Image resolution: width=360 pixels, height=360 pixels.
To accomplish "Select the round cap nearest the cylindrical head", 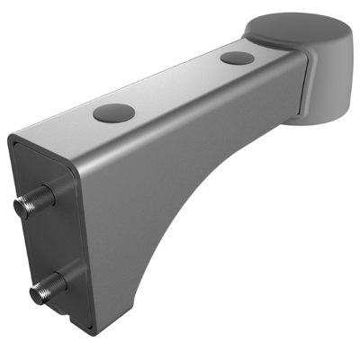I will [236, 58].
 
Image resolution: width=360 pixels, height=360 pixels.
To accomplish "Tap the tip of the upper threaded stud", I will [20, 205].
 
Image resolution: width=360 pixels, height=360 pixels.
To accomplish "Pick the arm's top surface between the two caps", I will [175, 85].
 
